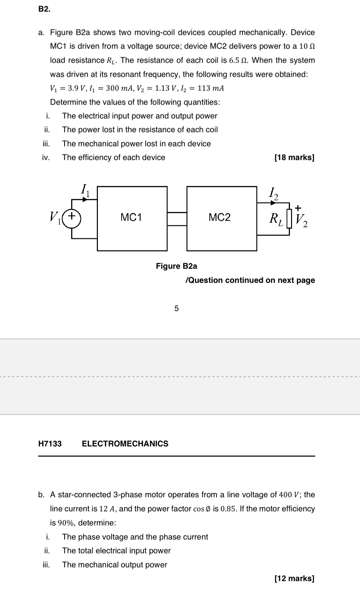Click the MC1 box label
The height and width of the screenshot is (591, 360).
click(x=131, y=218)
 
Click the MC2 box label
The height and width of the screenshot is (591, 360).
click(x=219, y=218)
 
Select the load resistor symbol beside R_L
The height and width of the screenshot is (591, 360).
click(x=289, y=218)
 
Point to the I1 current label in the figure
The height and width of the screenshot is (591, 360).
click(x=85, y=190)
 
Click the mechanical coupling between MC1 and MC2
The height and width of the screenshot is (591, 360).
click(x=177, y=218)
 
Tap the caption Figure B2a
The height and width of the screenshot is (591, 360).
click(x=176, y=266)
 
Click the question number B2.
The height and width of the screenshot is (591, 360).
click(x=44, y=10)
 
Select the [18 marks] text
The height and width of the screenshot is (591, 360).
click(x=294, y=158)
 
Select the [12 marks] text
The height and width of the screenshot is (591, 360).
click(x=294, y=578)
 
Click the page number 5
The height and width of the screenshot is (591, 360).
click(x=176, y=308)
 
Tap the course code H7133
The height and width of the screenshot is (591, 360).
click(x=50, y=444)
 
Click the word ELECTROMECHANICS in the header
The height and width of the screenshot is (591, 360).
click(x=125, y=444)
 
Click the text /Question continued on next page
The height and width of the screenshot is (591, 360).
click(x=250, y=280)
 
